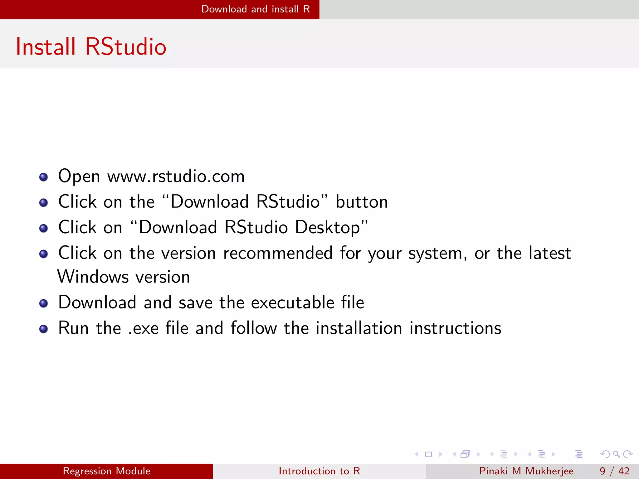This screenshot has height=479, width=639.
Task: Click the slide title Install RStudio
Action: [91, 47]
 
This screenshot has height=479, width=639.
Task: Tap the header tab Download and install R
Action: [256, 9]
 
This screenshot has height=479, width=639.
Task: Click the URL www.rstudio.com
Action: [176, 177]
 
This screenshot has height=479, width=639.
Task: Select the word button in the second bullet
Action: [362, 202]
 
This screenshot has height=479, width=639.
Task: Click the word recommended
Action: [278, 253]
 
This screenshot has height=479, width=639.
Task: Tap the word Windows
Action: [93, 277]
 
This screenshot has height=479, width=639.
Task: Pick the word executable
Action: [293, 302]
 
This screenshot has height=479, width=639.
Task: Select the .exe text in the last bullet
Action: [144, 329]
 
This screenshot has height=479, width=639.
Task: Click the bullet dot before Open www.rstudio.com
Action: [44, 177]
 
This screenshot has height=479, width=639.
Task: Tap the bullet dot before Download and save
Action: [44, 303]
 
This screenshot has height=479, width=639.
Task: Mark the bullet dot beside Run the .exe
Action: [44, 329]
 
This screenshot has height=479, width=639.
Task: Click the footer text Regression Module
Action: [106, 471]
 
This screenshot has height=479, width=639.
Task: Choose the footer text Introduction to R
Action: [319, 471]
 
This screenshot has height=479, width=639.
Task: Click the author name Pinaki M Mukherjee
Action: [526, 471]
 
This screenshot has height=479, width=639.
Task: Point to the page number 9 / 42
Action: [614, 471]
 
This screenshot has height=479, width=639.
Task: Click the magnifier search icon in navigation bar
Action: [616, 454]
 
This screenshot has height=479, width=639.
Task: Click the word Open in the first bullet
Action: [79, 177]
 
